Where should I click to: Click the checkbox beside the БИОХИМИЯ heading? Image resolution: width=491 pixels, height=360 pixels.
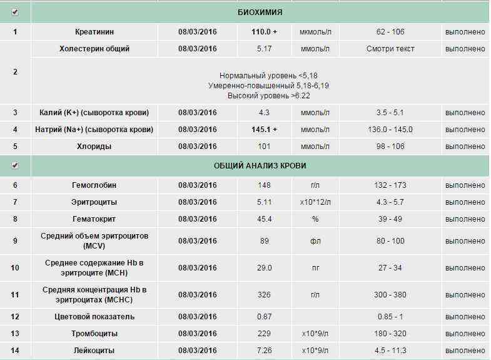pos(15,13)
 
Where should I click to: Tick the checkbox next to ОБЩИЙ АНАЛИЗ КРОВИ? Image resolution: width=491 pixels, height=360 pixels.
pos(15,166)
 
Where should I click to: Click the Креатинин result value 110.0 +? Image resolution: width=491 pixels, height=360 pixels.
pos(264,31)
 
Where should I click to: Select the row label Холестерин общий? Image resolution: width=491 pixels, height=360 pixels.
pos(94,49)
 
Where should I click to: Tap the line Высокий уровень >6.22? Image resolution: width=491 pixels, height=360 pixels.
pos(269,96)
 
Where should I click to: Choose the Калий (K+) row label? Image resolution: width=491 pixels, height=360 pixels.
pos(94,113)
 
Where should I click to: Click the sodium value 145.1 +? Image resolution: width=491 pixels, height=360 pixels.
pos(264,130)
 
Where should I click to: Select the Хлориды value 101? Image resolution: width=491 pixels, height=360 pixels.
pos(264,147)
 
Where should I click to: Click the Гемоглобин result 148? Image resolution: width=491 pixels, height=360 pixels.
pos(264,185)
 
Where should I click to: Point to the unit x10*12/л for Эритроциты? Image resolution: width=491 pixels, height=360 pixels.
pos(315,202)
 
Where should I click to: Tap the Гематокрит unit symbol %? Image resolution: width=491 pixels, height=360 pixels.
pos(315,219)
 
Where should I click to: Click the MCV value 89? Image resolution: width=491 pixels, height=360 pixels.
pos(264,240)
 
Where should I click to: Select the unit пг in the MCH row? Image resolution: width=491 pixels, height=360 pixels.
pos(315,268)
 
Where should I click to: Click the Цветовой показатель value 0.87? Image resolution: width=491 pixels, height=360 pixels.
pos(264,317)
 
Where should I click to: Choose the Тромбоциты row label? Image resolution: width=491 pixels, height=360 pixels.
pos(94,334)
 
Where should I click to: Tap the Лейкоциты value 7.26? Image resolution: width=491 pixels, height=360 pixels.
pos(264,351)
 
